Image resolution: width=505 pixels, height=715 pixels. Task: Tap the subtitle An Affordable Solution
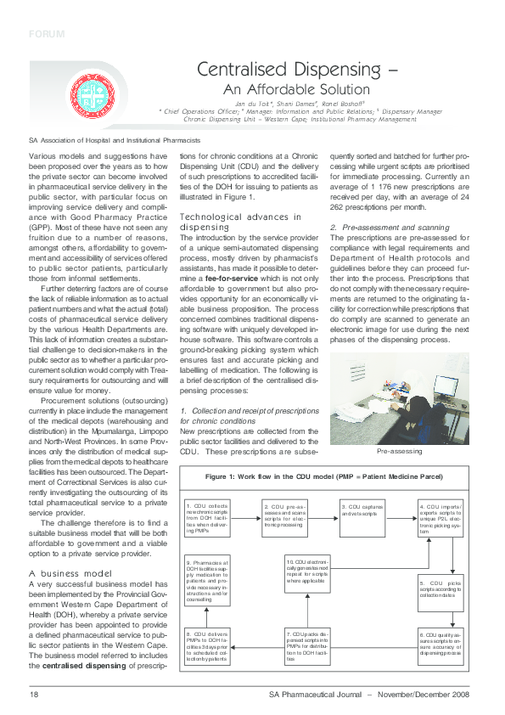pos(296,89)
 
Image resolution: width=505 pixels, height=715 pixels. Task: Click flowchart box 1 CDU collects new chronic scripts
pos(208,519)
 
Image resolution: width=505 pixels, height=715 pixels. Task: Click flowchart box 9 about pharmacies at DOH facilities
pos(208,580)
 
